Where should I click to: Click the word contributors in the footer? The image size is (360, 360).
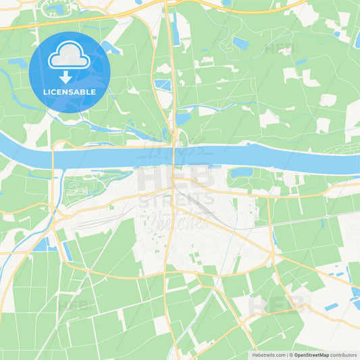point(344,354)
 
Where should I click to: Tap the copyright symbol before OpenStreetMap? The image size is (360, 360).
point(291,354)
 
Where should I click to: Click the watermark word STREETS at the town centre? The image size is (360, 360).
point(176,199)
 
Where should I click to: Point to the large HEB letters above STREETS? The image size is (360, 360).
point(175,178)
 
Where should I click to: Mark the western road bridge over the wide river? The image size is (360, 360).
point(54,156)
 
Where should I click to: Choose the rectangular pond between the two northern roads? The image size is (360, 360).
point(163,85)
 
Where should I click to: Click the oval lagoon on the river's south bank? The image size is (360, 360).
point(241,172)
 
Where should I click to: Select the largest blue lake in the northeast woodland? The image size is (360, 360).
point(241,44)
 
